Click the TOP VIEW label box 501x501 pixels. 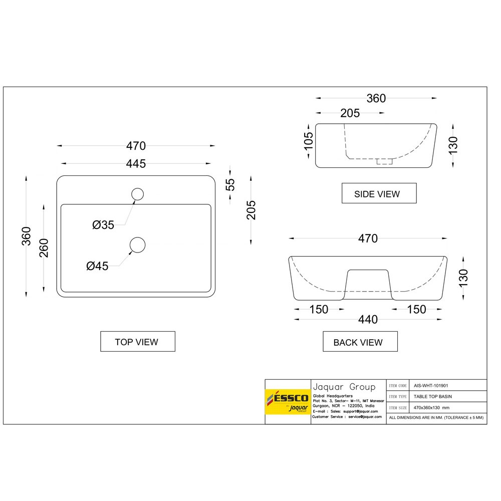(138, 342)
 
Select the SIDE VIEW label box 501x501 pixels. (379, 193)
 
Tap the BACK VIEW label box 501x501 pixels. (360, 342)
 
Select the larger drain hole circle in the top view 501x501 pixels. (137, 244)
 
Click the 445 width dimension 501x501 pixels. (136, 163)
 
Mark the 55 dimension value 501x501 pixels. (230, 184)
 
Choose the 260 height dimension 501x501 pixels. (44, 247)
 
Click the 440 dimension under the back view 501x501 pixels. (368, 320)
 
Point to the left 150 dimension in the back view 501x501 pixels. (319, 310)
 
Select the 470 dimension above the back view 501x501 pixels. (368, 239)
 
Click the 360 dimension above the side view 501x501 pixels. (376, 98)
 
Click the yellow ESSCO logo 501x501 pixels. (288, 402)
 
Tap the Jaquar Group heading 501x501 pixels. (344, 387)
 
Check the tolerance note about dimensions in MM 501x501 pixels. (436, 417)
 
